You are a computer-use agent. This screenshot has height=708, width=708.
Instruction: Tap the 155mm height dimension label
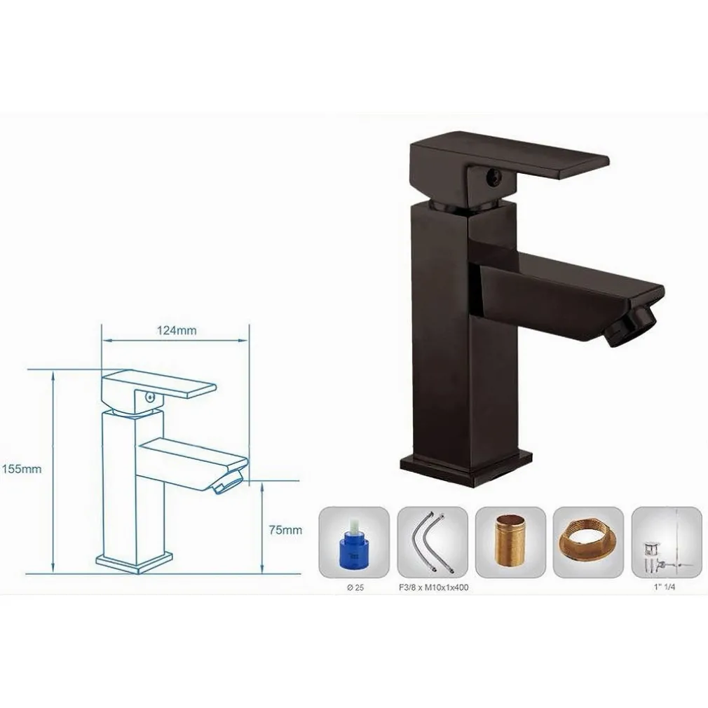pos(22,470)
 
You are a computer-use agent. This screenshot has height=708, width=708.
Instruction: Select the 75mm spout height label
pos(285,530)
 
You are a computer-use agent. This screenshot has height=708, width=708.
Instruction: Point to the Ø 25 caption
pos(354,587)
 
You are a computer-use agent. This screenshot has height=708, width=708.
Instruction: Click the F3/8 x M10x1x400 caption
pos(432,587)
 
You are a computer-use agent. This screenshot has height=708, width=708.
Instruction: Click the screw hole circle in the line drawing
pos(147,397)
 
